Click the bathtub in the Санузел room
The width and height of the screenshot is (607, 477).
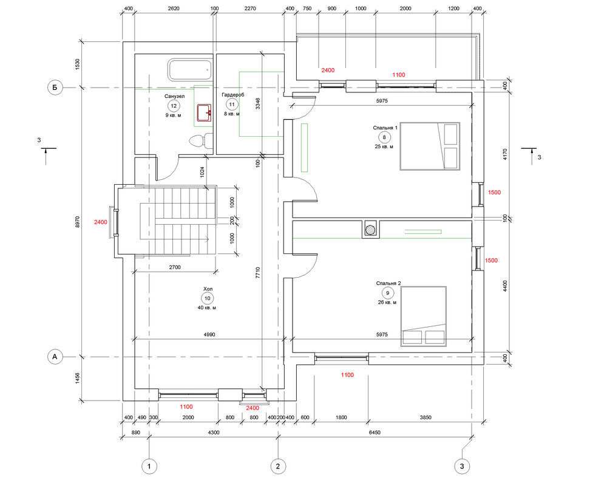point(190,70)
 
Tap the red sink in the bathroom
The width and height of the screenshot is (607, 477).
point(205,112)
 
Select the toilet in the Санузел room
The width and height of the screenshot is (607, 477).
point(202,140)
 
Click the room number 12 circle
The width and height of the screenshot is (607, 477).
point(174,106)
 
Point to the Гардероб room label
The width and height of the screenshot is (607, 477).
point(232,95)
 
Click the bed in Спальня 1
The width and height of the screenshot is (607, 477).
point(430,146)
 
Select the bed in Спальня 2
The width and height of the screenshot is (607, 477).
point(424,316)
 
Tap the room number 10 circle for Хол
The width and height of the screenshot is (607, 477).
point(208,298)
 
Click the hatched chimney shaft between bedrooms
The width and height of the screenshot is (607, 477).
point(371,229)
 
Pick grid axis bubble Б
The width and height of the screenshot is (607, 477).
point(55,88)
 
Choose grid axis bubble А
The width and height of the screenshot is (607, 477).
point(55,357)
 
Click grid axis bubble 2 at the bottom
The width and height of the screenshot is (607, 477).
point(278,466)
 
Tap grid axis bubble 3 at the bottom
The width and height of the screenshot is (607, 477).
point(462,466)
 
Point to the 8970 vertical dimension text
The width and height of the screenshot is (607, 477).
point(78,222)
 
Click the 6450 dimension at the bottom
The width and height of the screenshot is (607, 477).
point(375,433)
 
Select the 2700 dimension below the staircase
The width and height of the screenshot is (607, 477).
point(175,267)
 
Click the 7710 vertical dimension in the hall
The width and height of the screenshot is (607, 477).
point(258,273)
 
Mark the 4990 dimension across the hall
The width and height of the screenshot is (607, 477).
point(209,334)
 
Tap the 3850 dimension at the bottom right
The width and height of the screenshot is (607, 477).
point(426,417)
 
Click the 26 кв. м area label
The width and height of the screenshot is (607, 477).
point(387,302)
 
